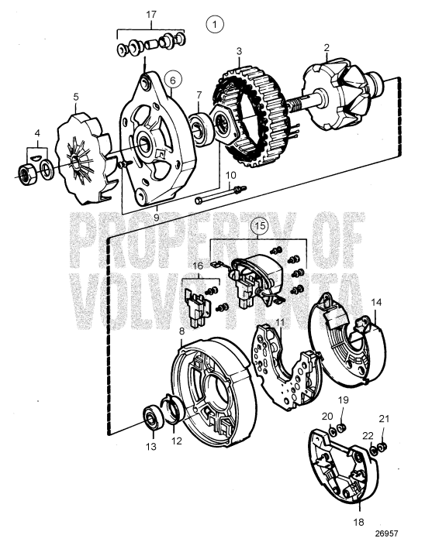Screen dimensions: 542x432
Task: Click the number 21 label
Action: [382, 419]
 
